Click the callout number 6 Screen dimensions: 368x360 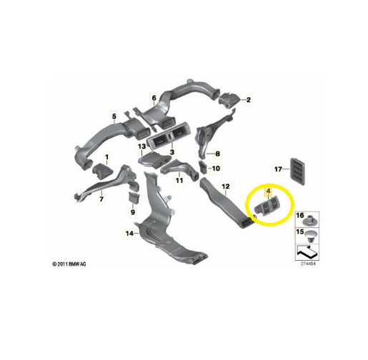[x=154, y=98]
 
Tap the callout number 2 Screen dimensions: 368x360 [x=249, y=100]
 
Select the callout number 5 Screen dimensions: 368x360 [x=114, y=116]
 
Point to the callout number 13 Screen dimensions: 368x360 [x=141, y=146]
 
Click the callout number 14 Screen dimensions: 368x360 [x=129, y=234]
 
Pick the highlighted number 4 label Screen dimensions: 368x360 [x=269, y=191]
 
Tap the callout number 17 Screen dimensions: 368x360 [x=278, y=169]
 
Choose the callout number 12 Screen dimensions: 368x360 [x=226, y=186]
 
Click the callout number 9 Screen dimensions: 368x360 [x=133, y=211]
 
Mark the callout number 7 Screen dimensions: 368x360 [x=101, y=199]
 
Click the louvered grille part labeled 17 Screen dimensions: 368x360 [x=297, y=171]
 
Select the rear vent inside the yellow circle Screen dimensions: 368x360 [x=268, y=208]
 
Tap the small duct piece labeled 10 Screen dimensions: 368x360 [x=203, y=167]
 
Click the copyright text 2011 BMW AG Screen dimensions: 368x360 [x=69, y=264]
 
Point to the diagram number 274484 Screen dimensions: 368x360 [x=308, y=264]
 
